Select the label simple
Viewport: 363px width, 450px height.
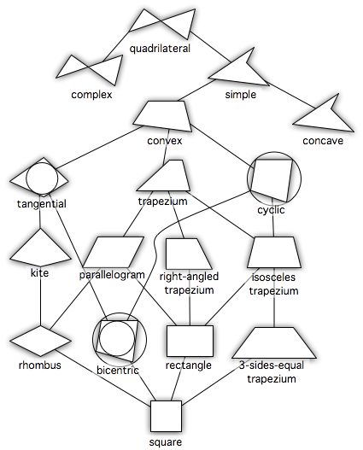click(240, 94)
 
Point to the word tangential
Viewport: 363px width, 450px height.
click(41, 203)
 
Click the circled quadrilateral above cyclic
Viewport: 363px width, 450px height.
click(275, 178)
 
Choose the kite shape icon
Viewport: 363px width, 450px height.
click(40, 248)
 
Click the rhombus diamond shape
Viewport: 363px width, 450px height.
click(40, 342)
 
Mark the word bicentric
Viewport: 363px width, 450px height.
click(119, 370)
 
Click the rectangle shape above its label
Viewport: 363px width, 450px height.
click(190, 342)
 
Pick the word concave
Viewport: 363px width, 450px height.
click(322, 141)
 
